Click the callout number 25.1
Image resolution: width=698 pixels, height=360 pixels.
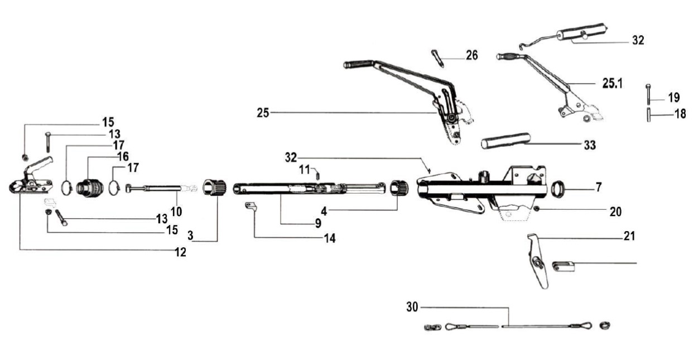coord(612,83)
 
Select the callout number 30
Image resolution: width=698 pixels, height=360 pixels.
coord(412,306)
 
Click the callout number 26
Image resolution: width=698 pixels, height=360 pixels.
coord(471,56)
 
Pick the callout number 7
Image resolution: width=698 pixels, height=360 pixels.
coord(598,187)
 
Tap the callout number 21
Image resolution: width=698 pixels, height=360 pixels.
coord(629,237)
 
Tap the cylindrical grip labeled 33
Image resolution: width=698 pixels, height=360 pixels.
coord(506,140)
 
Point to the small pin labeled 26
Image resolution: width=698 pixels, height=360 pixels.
coord(437,57)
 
